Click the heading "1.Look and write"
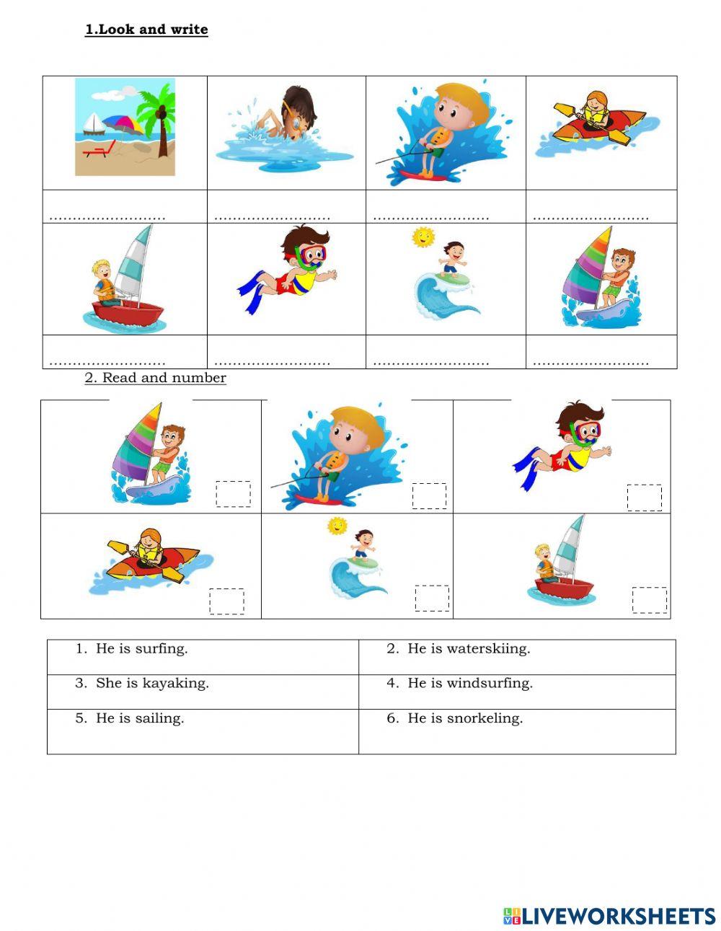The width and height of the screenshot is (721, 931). point(146,30)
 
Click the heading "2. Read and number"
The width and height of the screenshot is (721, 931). point(156,378)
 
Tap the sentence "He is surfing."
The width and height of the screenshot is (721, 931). point(141,648)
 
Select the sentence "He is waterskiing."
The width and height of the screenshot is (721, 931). point(468,648)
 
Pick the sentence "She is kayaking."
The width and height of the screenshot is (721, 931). point(152,683)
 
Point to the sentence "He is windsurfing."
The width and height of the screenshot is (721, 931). point(469,683)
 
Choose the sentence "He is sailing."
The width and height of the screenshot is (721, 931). point(140,718)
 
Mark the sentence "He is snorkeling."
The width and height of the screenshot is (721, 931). point(464,718)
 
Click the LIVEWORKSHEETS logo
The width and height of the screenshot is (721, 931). point(609,916)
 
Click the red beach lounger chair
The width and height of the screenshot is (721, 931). point(99,149)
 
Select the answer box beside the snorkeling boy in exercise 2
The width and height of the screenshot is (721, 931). point(644,498)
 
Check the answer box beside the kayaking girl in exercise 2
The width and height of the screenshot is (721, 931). point(226,601)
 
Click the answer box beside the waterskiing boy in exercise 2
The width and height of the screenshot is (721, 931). point(429,496)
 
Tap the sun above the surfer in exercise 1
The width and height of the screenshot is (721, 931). point(423,237)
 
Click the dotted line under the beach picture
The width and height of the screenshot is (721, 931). point(107,217)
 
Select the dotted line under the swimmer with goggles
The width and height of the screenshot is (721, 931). point(272,217)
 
